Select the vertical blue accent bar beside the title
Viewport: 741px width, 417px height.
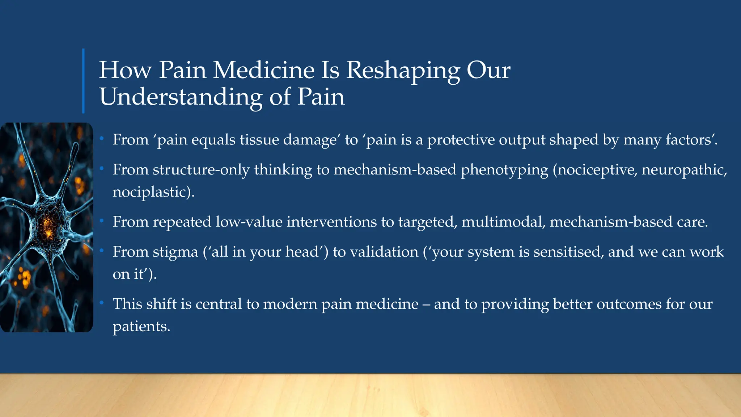83,81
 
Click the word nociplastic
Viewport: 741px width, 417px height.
151,192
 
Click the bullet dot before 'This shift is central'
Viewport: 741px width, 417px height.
102,302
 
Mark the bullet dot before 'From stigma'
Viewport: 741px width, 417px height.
102,250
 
